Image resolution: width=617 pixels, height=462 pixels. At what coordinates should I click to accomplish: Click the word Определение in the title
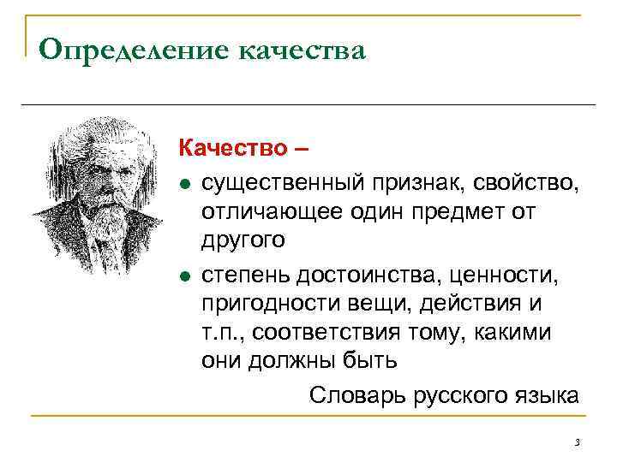(132, 50)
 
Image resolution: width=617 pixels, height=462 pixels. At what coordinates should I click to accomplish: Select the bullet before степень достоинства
(184, 275)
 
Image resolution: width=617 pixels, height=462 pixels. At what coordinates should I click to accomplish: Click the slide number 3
(578, 442)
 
